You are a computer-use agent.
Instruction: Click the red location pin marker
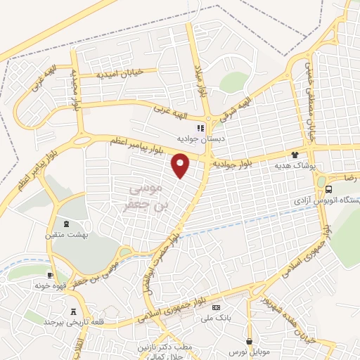pyautogui.click(x=181, y=165)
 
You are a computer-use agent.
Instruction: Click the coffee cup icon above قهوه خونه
pyautogui.click(x=51, y=274)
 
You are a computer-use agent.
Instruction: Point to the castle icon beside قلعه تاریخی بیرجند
pyautogui.click(x=73, y=311)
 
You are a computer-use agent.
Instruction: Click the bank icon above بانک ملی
pyautogui.click(x=217, y=307)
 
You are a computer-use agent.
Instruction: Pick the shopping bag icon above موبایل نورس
pyautogui.click(x=249, y=342)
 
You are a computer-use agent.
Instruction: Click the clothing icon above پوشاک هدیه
pyautogui.click(x=296, y=154)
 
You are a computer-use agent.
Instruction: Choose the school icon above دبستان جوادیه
pyautogui.click(x=200, y=128)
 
